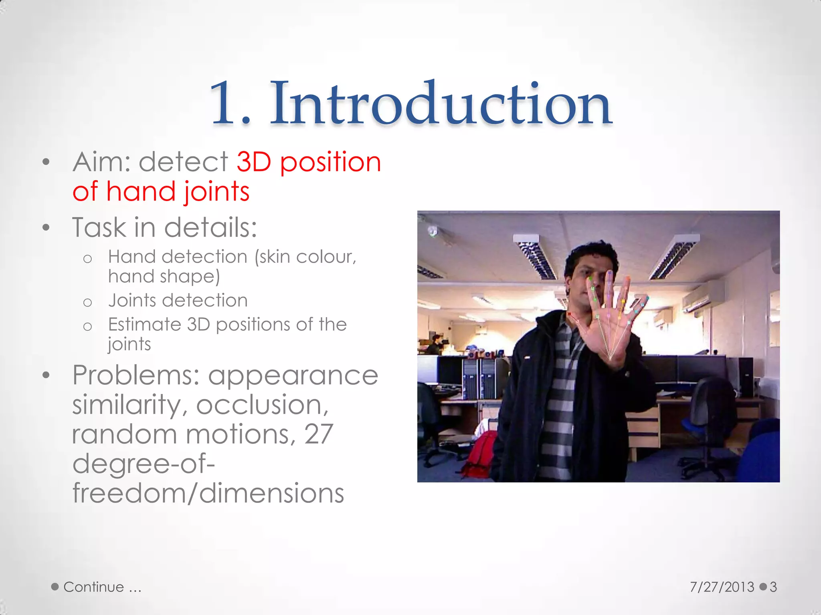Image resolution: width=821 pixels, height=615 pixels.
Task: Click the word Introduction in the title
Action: coord(441,103)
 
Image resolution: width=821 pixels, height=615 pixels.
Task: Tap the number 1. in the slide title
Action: coord(230,103)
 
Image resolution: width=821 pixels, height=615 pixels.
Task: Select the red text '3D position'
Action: coord(309,162)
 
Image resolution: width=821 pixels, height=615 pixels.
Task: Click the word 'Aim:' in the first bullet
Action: coord(102,162)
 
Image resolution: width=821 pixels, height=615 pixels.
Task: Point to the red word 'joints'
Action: coord(217,191)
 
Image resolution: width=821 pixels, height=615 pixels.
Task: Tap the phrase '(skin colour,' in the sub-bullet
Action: coord(305,257)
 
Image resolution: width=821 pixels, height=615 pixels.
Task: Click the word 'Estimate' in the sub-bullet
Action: coord(144,324)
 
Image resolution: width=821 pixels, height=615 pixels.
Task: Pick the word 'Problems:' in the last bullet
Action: coord(136,376)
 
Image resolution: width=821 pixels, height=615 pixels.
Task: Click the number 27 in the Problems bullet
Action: coord(319,434)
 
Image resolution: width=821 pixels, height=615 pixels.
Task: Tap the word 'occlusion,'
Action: coord(262,405)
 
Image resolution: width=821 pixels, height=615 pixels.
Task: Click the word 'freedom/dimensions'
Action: coord(208,493)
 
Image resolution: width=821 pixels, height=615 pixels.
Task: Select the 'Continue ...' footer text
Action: coord(102,587)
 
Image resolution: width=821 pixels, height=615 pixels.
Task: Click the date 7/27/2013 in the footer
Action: coord(722,587)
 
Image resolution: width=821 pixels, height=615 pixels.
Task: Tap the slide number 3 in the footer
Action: coord(773,587)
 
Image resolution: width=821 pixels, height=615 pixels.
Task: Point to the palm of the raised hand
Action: coord(609,336)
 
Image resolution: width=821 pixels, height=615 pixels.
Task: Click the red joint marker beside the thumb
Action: coord(569,314)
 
